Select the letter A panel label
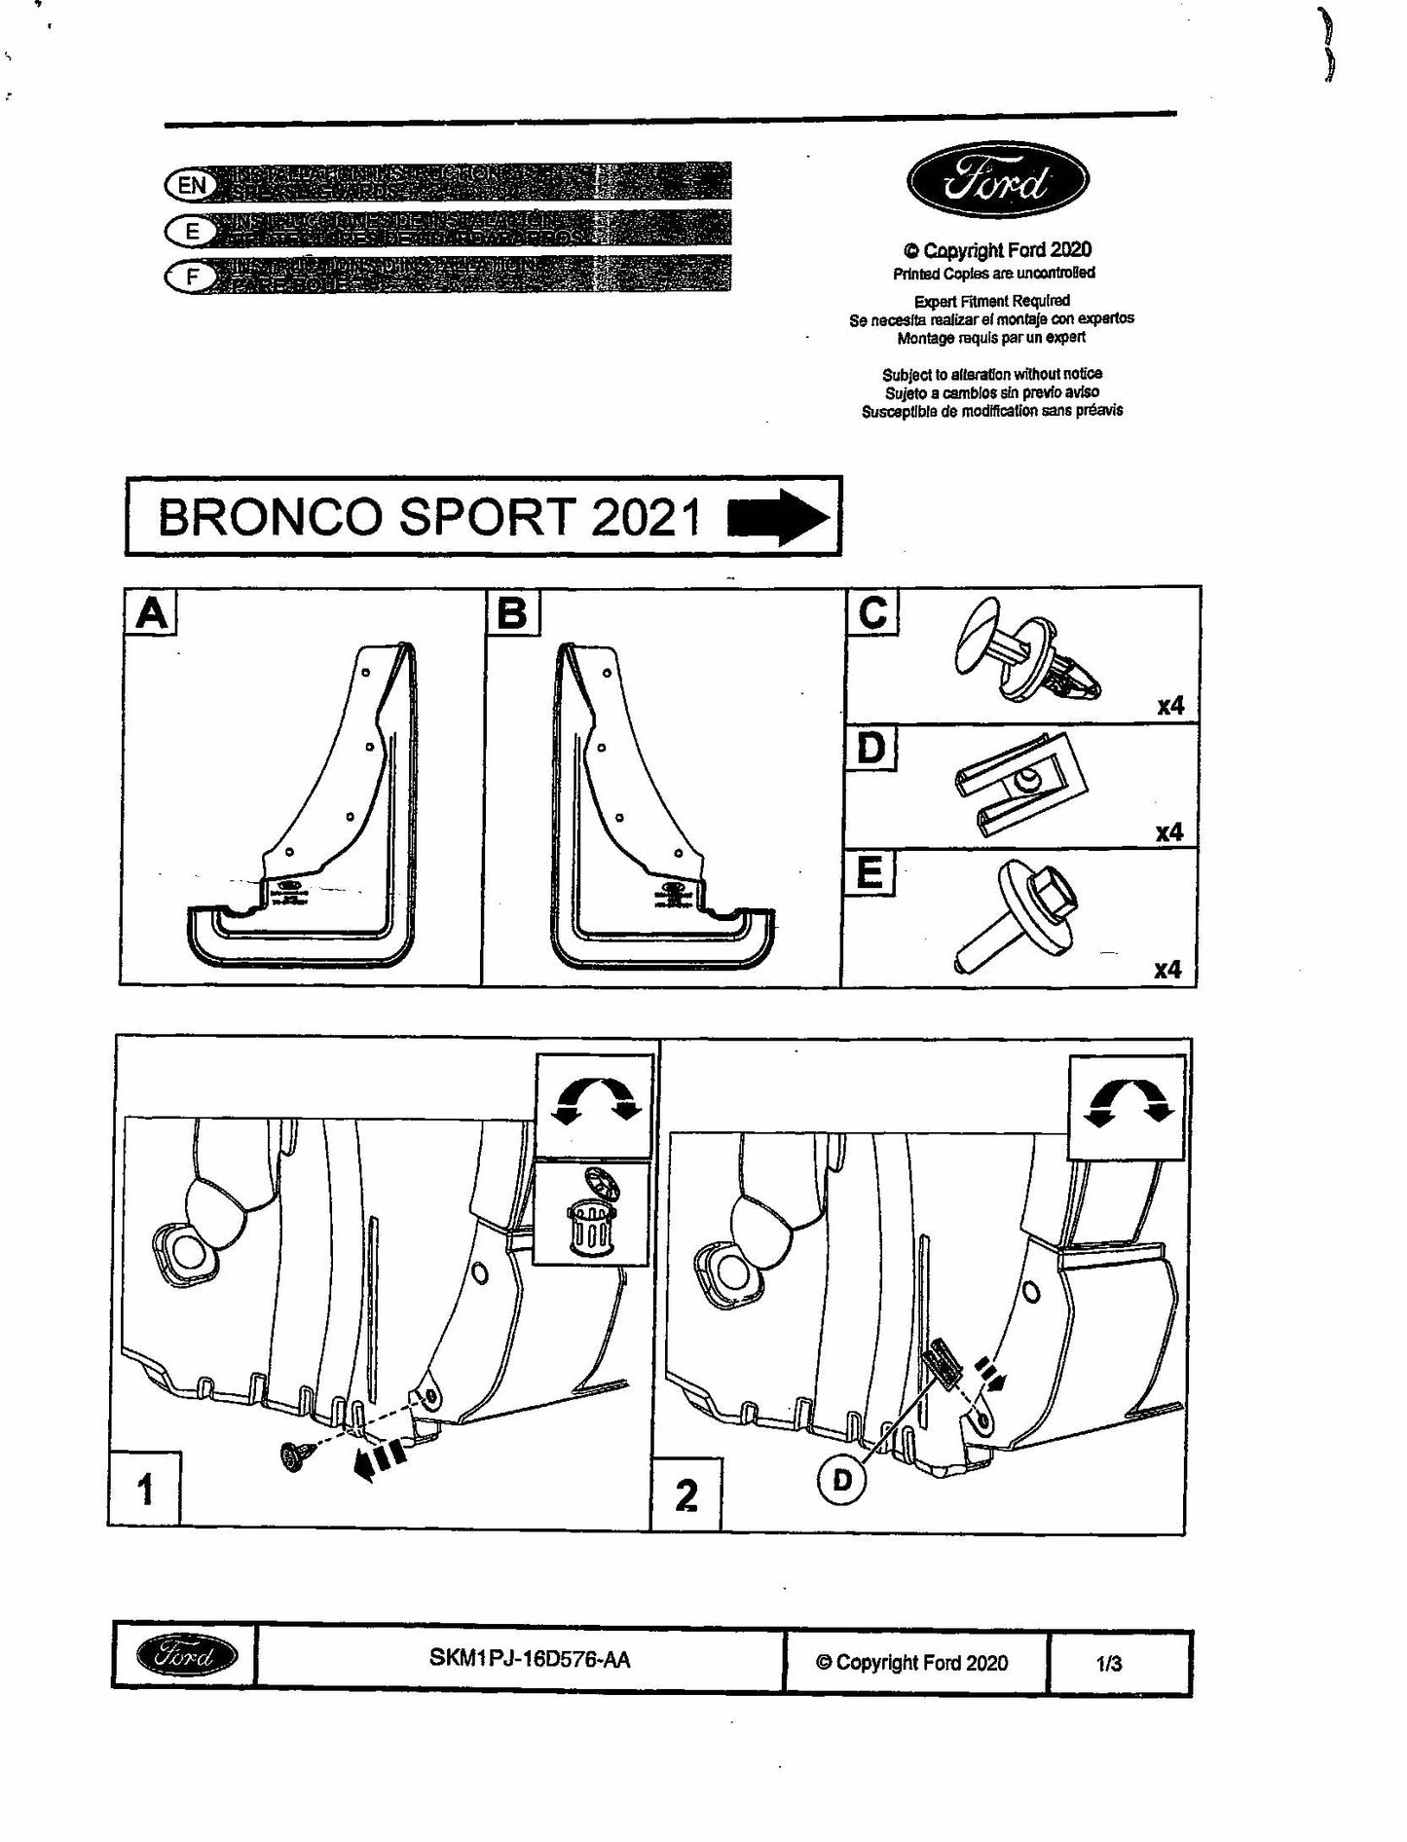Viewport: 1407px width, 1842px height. click(151, 613)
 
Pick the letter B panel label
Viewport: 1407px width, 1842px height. click(512, 613)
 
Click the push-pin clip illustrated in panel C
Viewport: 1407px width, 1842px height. click(1026, 657)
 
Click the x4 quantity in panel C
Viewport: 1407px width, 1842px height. click(1170, 705)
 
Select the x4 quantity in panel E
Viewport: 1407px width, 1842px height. click(1168, 970)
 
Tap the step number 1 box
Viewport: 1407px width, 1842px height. click(146, 1490)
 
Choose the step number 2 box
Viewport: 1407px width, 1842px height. click(686, 1495)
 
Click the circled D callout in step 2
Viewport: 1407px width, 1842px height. click(842, 1480)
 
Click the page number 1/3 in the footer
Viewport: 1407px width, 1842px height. click(1109, 1663)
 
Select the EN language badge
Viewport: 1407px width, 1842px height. click(190, 185)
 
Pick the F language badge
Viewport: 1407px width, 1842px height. click(192, 276)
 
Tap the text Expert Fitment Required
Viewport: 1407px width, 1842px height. click(991, 301)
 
